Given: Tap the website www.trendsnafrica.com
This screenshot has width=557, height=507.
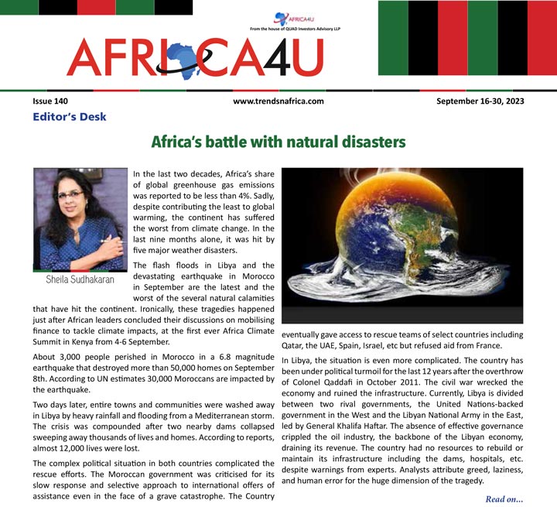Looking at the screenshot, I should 278,101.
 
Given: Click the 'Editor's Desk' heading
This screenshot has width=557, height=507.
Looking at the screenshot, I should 69,117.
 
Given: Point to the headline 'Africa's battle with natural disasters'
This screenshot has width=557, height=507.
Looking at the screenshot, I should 278,142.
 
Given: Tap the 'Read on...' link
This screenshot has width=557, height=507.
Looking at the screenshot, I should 504,498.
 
